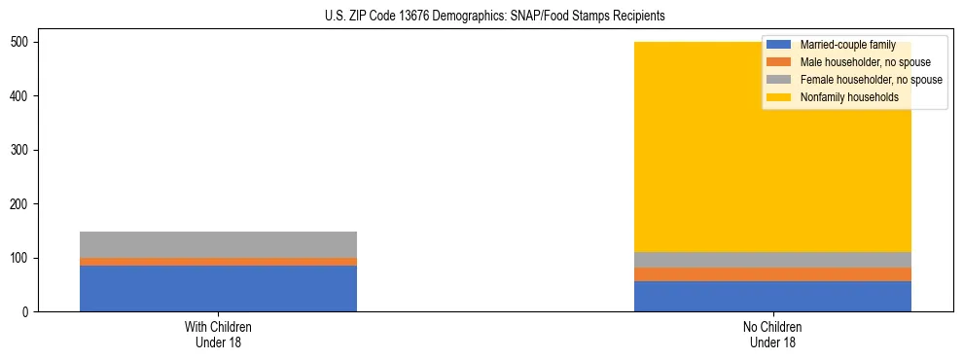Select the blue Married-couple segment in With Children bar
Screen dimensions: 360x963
(218, 288)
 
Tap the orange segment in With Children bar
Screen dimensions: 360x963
(218, 262)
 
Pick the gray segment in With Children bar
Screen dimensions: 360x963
(218, 244)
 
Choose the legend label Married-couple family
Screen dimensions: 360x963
(847, 45)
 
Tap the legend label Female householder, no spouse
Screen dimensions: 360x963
(871, 80)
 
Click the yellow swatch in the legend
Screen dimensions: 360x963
(779, 97)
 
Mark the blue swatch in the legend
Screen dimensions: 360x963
(779, 45)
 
